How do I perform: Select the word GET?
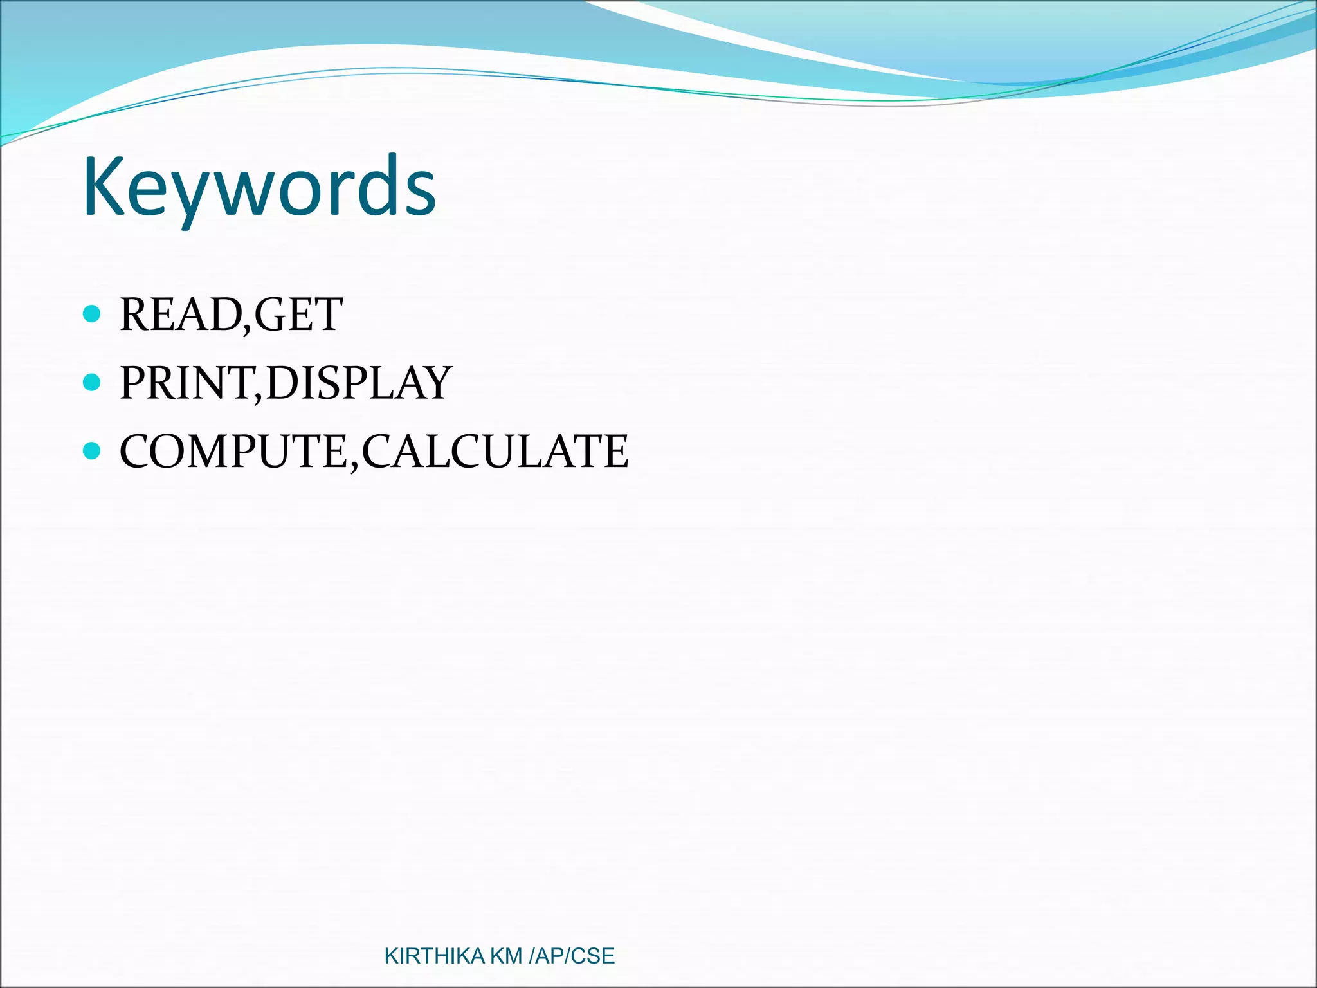point(298,315)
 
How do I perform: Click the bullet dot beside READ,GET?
point(93,314)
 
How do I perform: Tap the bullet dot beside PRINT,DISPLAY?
point(93,382)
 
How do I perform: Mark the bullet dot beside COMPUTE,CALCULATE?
point(93,450)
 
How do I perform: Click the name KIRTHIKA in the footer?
point(434,956)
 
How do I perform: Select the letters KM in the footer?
point(506,956)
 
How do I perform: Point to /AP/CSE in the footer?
point(571,956)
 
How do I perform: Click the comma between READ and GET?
point(248,330)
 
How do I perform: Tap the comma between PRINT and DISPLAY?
point(259,398)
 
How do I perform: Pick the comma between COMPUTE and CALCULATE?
point(354,466)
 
